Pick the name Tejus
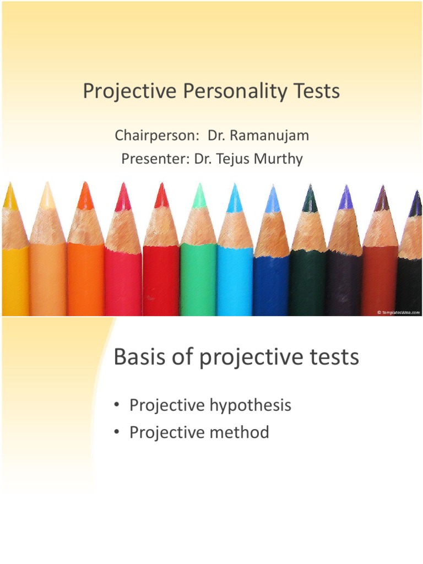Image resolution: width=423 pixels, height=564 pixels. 235,159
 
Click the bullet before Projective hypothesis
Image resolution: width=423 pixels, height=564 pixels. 117,406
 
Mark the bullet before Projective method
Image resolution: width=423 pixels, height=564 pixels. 117,433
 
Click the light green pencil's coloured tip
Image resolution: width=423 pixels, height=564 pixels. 199,197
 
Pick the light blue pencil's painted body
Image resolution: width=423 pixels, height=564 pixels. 235,281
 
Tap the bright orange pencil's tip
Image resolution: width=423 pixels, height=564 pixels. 85,197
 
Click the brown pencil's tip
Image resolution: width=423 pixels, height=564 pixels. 381,199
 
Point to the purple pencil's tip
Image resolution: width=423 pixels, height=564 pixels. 346,198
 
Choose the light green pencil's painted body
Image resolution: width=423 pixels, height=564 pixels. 198,281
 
